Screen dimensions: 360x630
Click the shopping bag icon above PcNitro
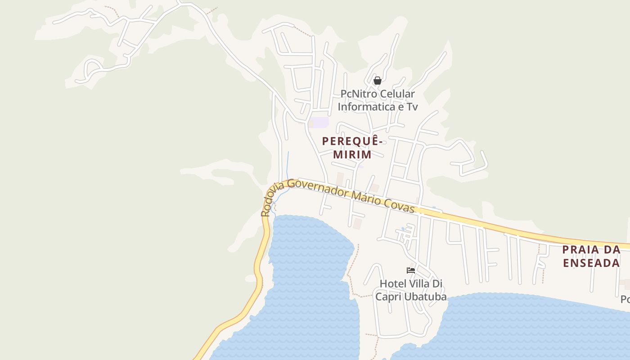(x=378, y=81)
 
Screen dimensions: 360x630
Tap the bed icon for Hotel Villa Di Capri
(x=410, y=270)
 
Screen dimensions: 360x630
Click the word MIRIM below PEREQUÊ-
(x=353, y=154)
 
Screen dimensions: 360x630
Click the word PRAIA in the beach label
(x=580, y=250)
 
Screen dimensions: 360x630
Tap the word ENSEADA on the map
(x=592, y=263)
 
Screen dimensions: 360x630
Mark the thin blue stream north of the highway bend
(x=288, y=164)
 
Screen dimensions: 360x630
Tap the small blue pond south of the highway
(x=403, y=229)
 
